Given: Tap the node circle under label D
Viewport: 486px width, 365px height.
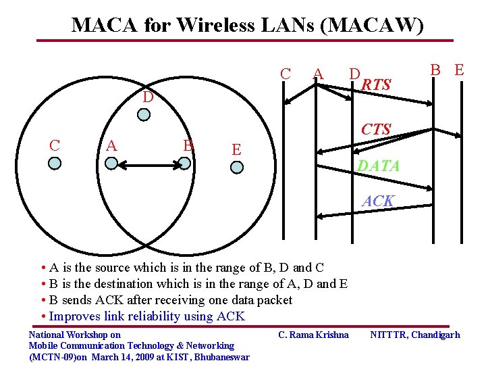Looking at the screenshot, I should (144, 115).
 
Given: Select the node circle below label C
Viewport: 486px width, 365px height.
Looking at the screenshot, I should (55, 163).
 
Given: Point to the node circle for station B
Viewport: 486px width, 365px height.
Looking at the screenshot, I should (184, 163).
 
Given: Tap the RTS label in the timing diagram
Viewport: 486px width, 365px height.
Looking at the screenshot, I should (376, 85).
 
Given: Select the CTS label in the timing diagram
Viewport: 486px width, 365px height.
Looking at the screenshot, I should (375, 128).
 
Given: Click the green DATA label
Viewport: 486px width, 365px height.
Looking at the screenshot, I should (378, 166).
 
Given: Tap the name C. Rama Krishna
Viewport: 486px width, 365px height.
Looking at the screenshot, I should (313, 335).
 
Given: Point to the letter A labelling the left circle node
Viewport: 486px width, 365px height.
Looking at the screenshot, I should (112, 145).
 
